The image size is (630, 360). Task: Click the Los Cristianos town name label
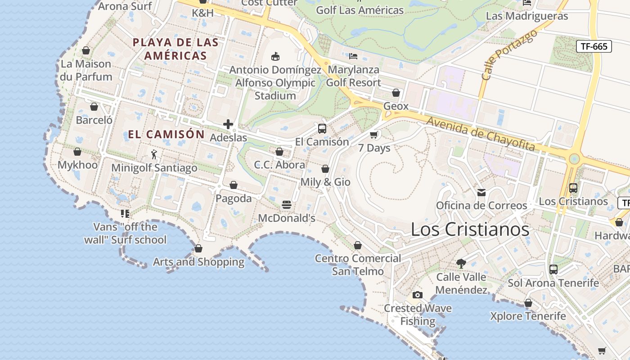(x=470, y=229)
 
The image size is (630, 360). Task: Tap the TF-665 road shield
(x=594, y=46)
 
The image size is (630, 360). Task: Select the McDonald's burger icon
(x=287, y=205)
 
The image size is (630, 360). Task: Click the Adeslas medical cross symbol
(x=228, y=124)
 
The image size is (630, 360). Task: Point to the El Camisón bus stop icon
(x=322, y=129)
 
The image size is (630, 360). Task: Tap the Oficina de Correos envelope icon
(x=481, y=193)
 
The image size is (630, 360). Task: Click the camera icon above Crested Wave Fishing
(x=418, y=295)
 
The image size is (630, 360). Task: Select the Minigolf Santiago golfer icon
(x=154, y=154)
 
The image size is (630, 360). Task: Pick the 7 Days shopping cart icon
(x=374, y=135)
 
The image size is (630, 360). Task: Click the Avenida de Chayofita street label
(x=481, y=134)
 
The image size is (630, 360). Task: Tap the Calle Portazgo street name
(x=509, y=55)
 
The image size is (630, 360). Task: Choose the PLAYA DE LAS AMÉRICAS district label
(x=175, y=49)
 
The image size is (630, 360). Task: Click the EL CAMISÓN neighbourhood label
(x=166, y=134)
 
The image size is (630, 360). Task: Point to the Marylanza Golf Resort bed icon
(x=353, y=56)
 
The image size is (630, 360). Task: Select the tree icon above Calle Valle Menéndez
(x=461, y=263)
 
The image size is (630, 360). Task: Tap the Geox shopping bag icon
(x=396, y=93)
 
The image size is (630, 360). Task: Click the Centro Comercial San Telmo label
(x=358, y=265)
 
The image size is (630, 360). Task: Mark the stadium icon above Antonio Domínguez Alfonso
(x=275, y=56)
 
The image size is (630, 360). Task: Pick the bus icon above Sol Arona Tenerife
(x=553, y=270)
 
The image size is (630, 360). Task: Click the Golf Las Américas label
(x=360, y=10)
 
